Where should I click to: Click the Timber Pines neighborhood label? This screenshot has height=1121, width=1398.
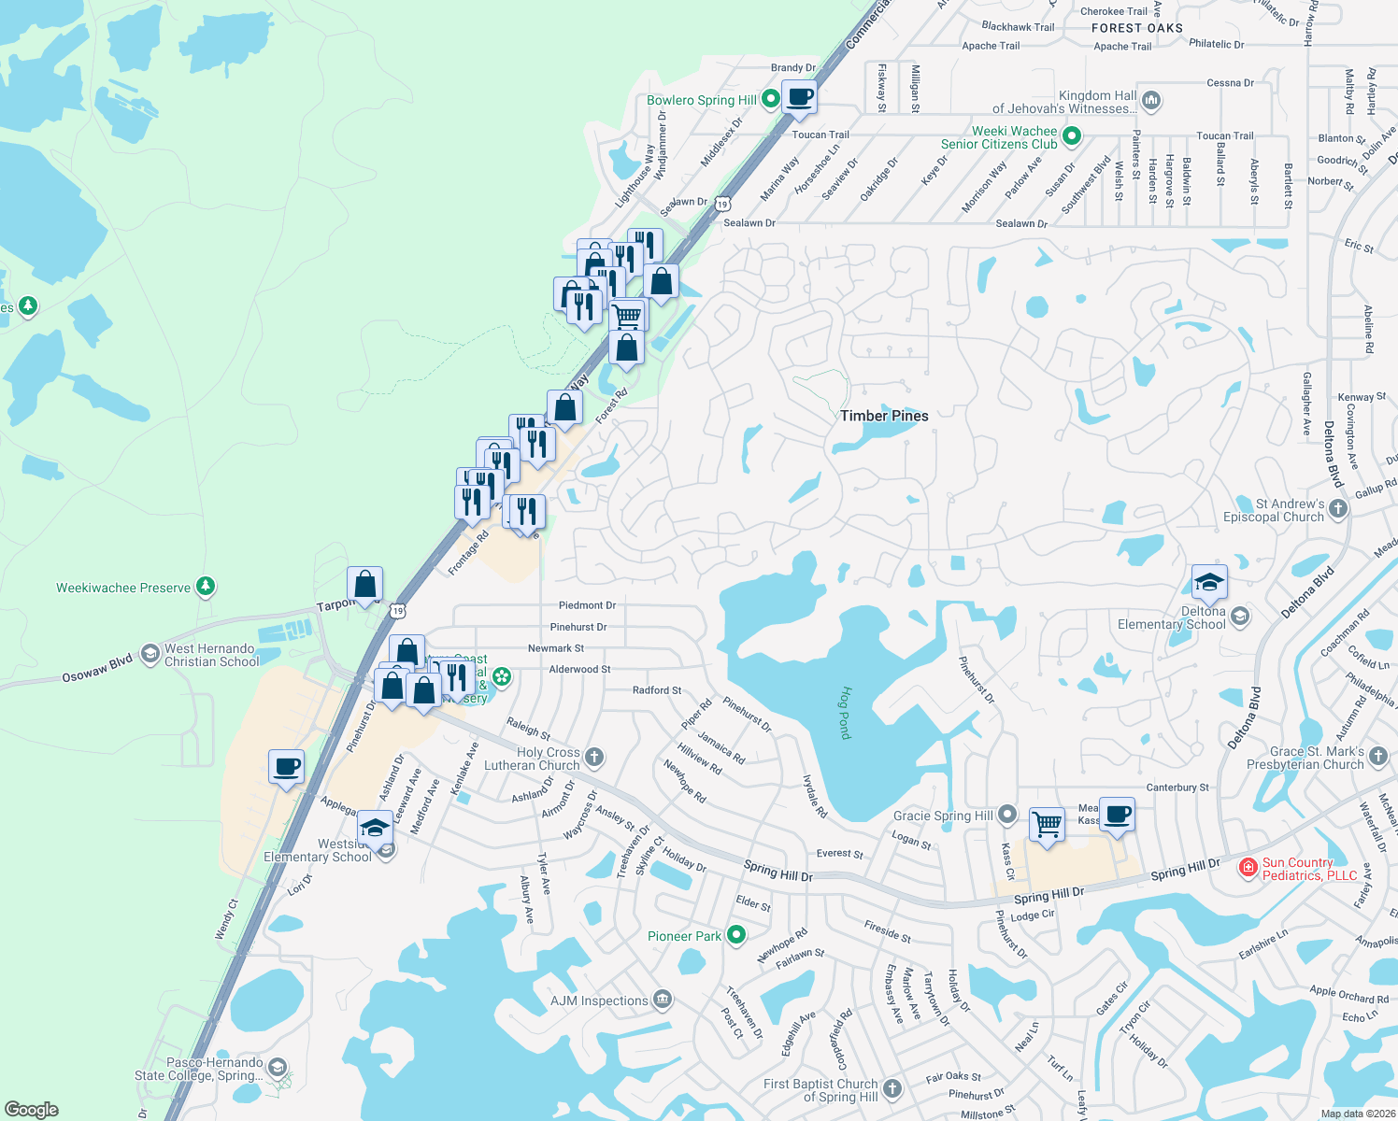[x=884, y=416]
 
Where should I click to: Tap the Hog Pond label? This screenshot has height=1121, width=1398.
[x=845, y=713]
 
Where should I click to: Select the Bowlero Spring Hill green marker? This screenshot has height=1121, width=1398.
[x=771, y=98]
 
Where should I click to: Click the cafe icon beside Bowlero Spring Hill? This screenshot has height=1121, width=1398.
[x=799, y=96]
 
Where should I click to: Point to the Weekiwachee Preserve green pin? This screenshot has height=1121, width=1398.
[x=206, y=587]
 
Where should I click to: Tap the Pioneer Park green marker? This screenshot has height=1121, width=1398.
[x=736, y=934]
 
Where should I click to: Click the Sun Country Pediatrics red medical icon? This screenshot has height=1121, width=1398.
[x=1248, y=868]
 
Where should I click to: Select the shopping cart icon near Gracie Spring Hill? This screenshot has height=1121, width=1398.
[x=1048, y=824]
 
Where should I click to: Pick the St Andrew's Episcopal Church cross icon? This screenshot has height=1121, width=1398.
[x=1338, y=509]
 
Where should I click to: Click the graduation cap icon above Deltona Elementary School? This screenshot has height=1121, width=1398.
[x=1209, y=582]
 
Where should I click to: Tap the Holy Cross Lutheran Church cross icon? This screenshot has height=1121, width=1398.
[x=594, y=758]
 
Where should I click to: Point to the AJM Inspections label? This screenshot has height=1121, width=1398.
[x=599, y=1000]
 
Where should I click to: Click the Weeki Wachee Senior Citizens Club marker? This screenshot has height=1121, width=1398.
[x=1072, y=137]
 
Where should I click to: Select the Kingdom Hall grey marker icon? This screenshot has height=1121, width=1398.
[x=1151, y=100]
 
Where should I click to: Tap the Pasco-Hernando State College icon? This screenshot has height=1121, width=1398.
[x=277, y=1068]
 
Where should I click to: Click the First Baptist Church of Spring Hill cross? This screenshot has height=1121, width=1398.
[x=892, y=1088]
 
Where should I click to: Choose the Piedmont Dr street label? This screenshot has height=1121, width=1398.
[x=587, y=605]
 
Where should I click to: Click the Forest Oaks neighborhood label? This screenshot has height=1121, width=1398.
[x=1136, y=28]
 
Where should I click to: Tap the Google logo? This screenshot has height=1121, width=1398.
[x=32, y=1110]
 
